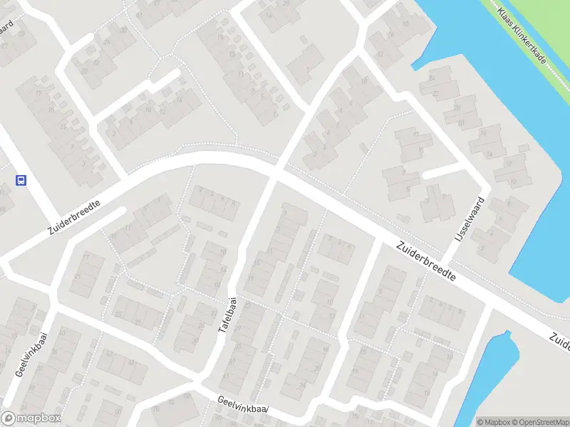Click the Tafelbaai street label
point(229,322)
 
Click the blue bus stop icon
point(21,181)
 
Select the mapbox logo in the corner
point(31,418)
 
